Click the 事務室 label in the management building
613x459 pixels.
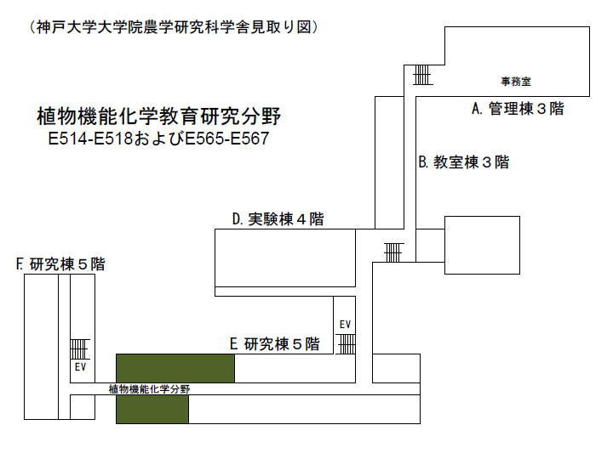click(516, 82)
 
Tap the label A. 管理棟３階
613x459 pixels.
click(518, 109)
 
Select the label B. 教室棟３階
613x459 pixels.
click(464, 162)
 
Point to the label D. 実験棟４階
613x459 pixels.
click(278, 219)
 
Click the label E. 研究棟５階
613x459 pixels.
click(275, 344)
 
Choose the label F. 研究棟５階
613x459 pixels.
click(60, 264)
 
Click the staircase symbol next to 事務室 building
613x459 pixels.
click(422, 75)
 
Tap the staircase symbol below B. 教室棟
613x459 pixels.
click(393, 252)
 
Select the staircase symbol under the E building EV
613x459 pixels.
click(346, 344)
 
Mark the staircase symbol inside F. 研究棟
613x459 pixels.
click(79, 349)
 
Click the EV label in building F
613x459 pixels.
click(80, 367)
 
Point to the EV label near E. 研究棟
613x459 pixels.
click(345, 325)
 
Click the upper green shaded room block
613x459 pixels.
click(175, 368)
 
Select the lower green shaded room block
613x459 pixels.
click(152, 409)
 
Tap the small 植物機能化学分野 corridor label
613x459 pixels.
click(149, 388)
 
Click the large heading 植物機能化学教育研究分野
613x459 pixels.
click(158, 116)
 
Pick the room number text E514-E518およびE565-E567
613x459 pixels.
click(158, 139)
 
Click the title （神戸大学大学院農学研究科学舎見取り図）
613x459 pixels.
click(174, 27)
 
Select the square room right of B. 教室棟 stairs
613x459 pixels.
click(482, 245)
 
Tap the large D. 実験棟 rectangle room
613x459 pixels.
click(285, 258)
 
